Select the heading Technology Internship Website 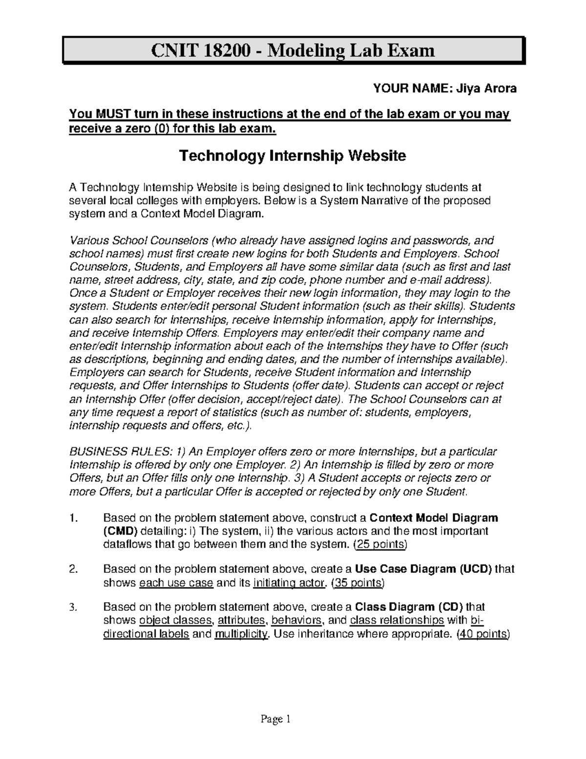click(293, 156)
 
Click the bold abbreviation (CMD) click(120, 531)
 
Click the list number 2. click(74, 569)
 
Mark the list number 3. click(73, 608)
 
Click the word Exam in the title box click(410, 50)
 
